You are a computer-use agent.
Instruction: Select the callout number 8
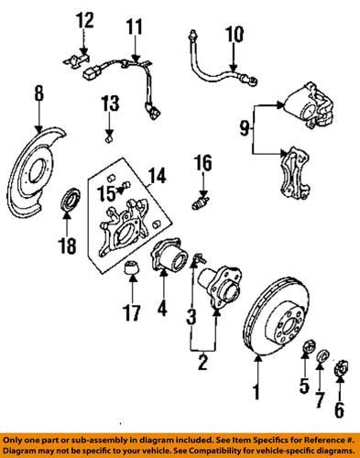point(38,93)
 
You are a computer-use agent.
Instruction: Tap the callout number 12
point(84,20)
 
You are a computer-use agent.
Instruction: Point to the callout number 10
point(234,36)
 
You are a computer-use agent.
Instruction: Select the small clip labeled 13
point(108,138)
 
